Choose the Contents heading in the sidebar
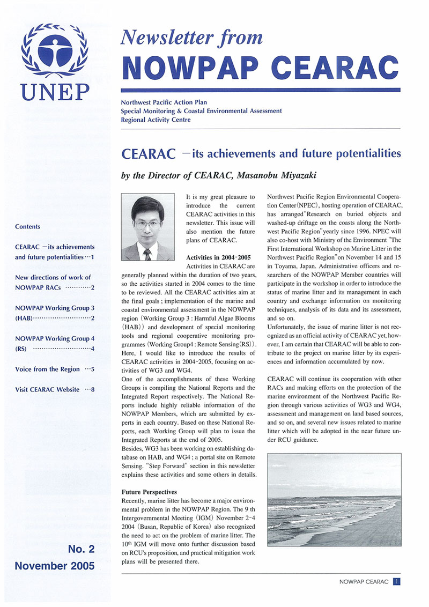tap(28, 227)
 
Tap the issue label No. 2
tap(82, 549)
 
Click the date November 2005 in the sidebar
tap(55, 565)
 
